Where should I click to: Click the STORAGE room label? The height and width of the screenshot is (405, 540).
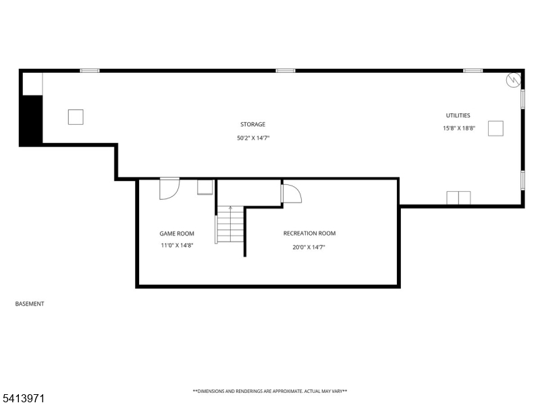point(252,124)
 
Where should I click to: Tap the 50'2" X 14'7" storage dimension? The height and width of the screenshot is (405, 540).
point(253,138)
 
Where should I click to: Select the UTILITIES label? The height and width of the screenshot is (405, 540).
point(458,115)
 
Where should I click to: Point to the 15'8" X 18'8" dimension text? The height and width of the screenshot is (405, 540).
point(459,128)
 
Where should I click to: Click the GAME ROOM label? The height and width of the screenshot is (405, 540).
point(177,234)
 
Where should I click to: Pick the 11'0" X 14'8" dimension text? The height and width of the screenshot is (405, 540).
point(177,246)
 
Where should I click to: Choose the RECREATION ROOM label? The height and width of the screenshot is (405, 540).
point(309,233)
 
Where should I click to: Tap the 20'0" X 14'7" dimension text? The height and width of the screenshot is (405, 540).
point(309,247)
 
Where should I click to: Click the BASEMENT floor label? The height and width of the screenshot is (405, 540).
point(30,304)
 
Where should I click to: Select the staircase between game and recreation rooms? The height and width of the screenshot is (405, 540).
point(230,224)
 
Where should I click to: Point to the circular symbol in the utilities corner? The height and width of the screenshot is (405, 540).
point(513,80)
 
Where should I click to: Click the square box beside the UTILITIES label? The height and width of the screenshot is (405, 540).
point(495,128)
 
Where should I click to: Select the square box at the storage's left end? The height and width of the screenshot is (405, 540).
point(76,117)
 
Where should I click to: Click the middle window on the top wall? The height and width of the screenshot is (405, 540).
point(286,71)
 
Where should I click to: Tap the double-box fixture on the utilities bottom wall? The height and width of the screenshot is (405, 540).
point(458,198)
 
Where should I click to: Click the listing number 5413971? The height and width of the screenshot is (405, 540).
point(22,399)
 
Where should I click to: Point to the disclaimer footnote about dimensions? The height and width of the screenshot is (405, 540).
point(270,391)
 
